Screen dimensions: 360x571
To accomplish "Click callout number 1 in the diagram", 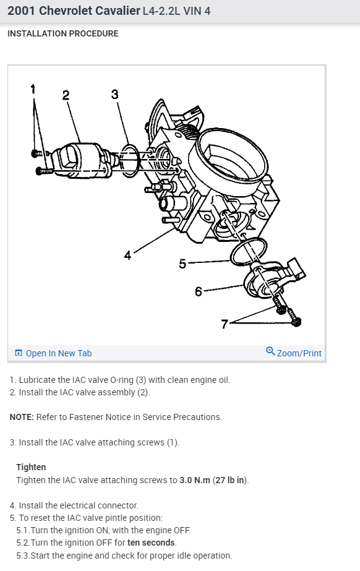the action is click(x=33, y=89).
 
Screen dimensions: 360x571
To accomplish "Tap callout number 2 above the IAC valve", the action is click(x=66, y=95).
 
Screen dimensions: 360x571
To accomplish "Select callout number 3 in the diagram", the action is click(x=115, y=94).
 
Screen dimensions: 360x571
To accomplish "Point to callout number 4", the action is click(x=127, y=255).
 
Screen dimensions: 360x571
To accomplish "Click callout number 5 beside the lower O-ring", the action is click(x=182, y=264).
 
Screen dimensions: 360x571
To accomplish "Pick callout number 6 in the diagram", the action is click(x=199, y=291).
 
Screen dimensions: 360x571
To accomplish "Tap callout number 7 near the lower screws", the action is click(x=224, y=324).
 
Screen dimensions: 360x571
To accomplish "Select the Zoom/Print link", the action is click(x=299, y=353).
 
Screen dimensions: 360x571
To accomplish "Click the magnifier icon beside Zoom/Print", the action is click(x=270, y=351).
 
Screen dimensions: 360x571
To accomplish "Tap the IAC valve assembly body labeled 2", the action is click(x=82, y=160).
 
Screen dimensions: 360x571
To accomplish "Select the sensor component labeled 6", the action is click(x=271, y=278).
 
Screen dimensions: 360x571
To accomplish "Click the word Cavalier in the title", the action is click(x=118, y=11).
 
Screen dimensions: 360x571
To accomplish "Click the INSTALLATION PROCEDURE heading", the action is click(x=63, y=33).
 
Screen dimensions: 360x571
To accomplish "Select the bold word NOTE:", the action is click(x=22, y=417).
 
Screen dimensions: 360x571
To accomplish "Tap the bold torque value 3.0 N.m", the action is click(x=195, y=480).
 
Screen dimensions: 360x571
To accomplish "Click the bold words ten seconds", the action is click(x=151, y=543).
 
